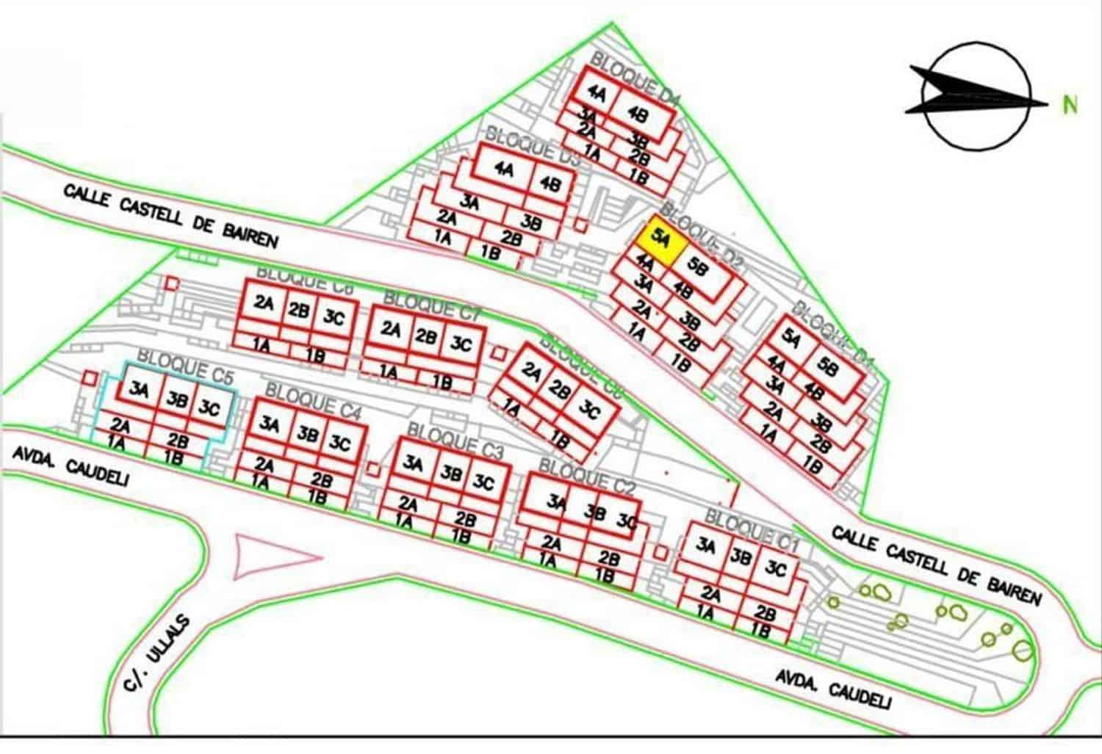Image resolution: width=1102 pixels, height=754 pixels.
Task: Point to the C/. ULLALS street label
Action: coord(157,654)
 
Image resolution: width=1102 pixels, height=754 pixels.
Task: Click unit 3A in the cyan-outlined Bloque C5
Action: coord(139,391)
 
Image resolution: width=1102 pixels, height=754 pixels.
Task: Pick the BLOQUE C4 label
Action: coord(314,402)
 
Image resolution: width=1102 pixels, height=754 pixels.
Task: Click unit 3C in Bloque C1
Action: coord(775,569)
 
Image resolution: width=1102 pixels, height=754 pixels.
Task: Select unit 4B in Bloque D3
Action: coord(550,184)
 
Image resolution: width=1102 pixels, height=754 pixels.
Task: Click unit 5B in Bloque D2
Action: coord(699,269)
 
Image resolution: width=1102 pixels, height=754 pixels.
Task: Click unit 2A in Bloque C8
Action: coord(264,303)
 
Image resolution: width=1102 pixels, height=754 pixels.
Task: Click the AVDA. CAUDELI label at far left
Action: coord(71,467)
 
